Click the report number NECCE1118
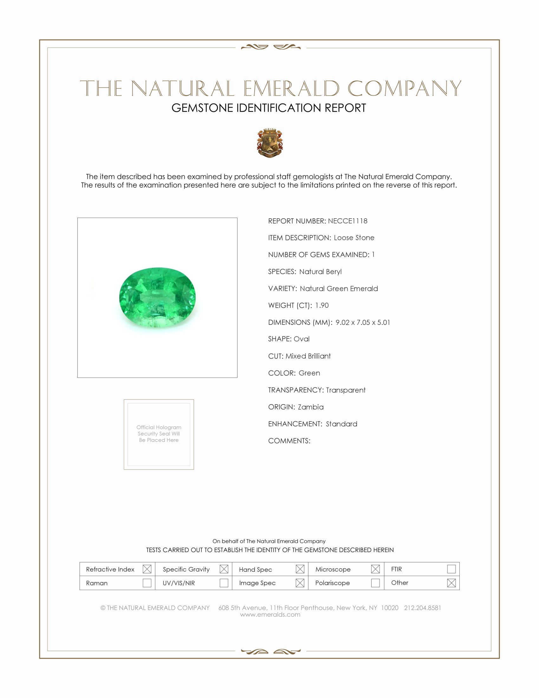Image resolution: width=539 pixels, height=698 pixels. [x=347, y=221]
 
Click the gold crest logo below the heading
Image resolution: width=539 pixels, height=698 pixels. [x=270, y=143]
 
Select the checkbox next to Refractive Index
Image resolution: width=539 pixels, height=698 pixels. [x=147, y=569]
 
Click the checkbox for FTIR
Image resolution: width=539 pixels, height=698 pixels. [x=451, y=569]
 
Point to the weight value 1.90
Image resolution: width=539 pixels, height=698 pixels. [x=321, y=305]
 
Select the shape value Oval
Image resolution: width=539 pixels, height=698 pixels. [x=302, y=339]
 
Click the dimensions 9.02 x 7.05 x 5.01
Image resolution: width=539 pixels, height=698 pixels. [x=363, y=322]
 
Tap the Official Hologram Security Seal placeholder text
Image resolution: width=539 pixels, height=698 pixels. [x=159, y=433]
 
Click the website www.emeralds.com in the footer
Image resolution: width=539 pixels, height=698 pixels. [x=270, y=614]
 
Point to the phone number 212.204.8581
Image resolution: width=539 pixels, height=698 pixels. [x=422, y=608]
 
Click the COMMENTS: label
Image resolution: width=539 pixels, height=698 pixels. [x=289, y=441]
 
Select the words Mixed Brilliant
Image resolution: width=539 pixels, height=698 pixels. [x=308, y=356]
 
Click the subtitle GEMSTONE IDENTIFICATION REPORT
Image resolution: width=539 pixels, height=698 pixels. [x=269, y=108]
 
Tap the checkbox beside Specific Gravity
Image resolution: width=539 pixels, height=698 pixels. [x=224, y=569]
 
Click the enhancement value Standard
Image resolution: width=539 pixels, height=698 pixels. [x=341, y=424]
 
